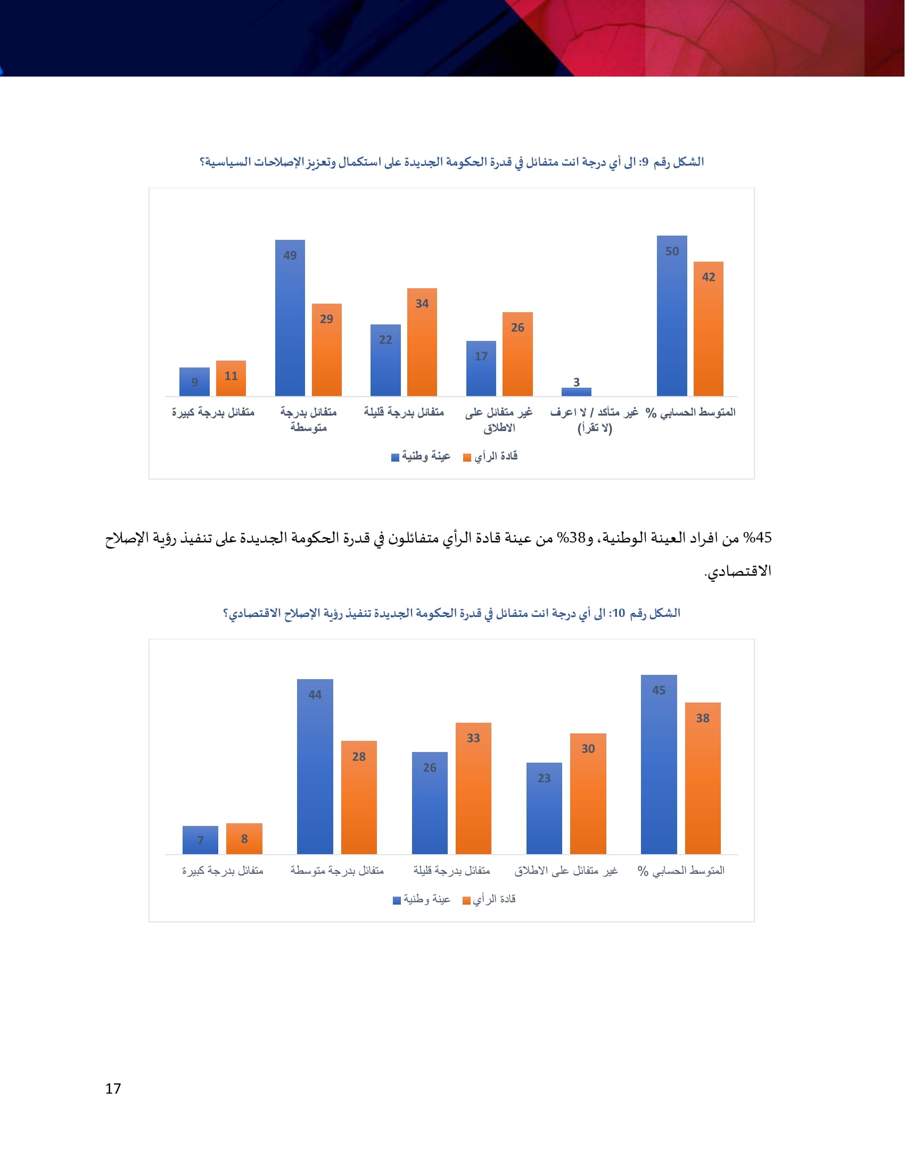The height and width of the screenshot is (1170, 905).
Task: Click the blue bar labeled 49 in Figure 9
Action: tap(290, 318)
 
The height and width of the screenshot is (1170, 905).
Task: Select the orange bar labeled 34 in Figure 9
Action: tap(422, 343)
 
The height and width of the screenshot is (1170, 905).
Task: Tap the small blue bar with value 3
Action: tap(577, 391)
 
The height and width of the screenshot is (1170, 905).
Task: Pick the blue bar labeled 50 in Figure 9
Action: tap(672, 316)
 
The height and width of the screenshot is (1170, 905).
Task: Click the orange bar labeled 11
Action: tap(231, 378)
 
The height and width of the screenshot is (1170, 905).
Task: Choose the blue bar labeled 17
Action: tap(481, 369)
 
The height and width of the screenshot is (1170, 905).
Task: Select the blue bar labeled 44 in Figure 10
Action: tap(315, 766)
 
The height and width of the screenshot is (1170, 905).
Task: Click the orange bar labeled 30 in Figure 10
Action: tap(588, 793)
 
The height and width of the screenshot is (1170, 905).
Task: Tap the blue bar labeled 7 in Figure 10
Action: tap(200, 839)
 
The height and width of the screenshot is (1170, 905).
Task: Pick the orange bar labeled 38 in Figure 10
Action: tap(702, 778)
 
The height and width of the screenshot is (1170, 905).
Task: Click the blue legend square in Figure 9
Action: tap(395, 457)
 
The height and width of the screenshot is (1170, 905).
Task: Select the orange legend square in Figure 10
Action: tap(466, 900)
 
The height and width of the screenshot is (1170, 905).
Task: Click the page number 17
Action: tap(113, 1089)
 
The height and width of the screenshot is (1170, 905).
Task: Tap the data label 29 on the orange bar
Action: tap(326, 319)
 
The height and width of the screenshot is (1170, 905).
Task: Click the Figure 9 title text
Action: tap(451, 162)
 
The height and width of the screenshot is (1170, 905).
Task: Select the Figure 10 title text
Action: tap(451, 613)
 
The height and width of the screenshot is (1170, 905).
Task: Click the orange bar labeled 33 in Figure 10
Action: tap(473, 788)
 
